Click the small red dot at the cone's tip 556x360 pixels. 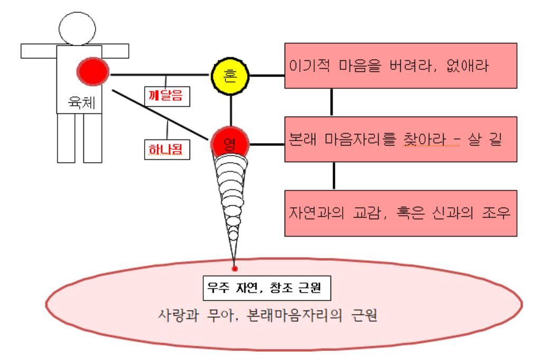(x=235, y=269)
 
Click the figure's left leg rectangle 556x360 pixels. (x=66, y=138)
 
